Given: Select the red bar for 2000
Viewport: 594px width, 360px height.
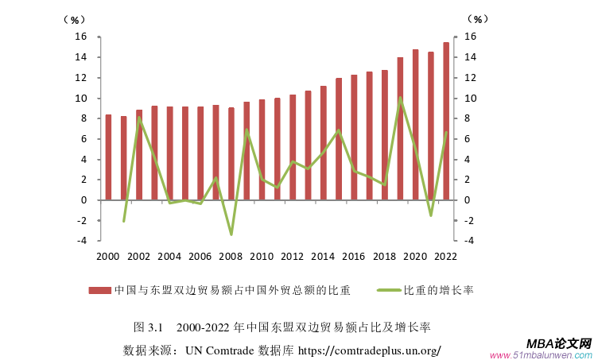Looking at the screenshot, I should tap(108, 157).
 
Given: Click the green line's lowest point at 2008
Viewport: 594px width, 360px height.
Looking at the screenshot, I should tap(231, 234).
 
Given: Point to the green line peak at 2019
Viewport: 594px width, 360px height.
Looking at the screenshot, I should tap(400, 98).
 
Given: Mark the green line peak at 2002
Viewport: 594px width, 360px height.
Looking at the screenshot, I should tap(139, 118).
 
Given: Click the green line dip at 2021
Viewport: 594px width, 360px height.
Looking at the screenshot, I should tap(430, 215).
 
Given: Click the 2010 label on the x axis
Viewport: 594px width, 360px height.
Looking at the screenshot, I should tap(261, 257).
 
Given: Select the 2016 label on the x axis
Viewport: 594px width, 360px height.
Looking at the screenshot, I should tap(353, 257).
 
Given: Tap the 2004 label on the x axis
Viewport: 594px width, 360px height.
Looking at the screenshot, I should tap(169, 257).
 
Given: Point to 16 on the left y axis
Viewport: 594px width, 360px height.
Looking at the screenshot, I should tap(80, 37).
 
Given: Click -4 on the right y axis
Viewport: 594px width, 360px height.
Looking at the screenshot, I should tap(469, 241).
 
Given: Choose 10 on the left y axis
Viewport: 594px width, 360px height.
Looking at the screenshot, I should tap(80, 98).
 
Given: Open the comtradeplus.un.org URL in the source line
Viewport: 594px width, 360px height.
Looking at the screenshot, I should tap(369, 350).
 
